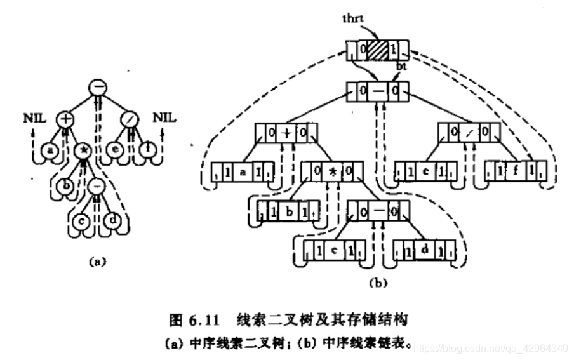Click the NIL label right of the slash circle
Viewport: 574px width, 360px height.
[163, 118]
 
